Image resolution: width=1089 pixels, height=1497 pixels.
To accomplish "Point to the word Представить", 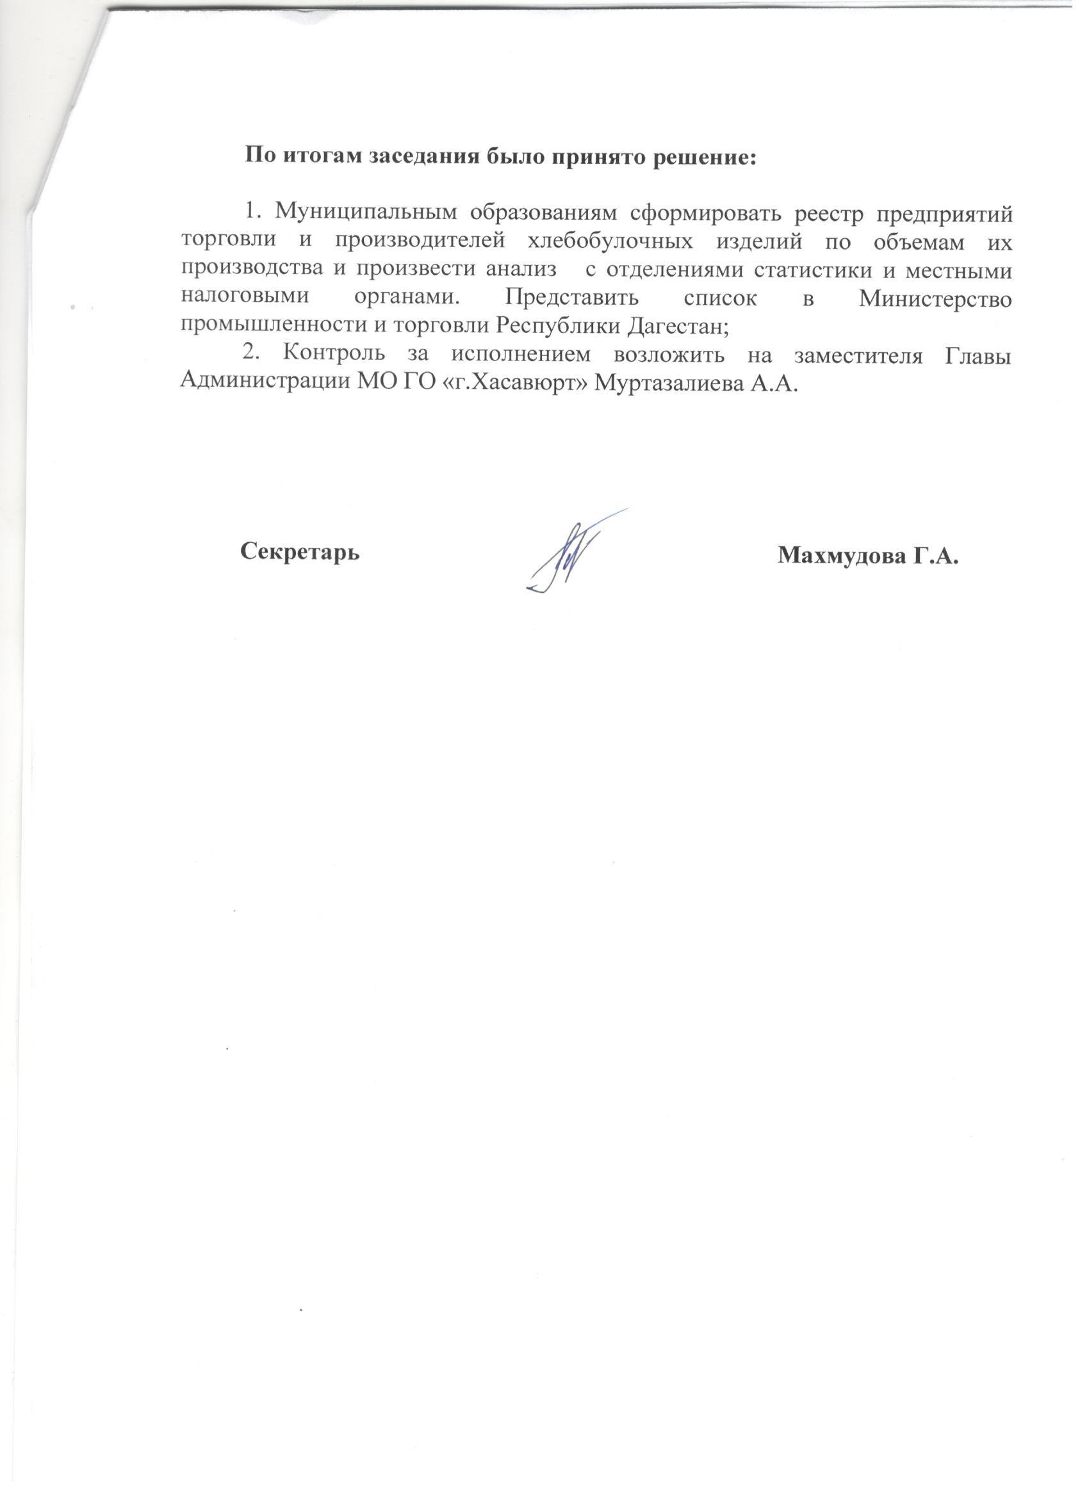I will (x=572, y=298).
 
